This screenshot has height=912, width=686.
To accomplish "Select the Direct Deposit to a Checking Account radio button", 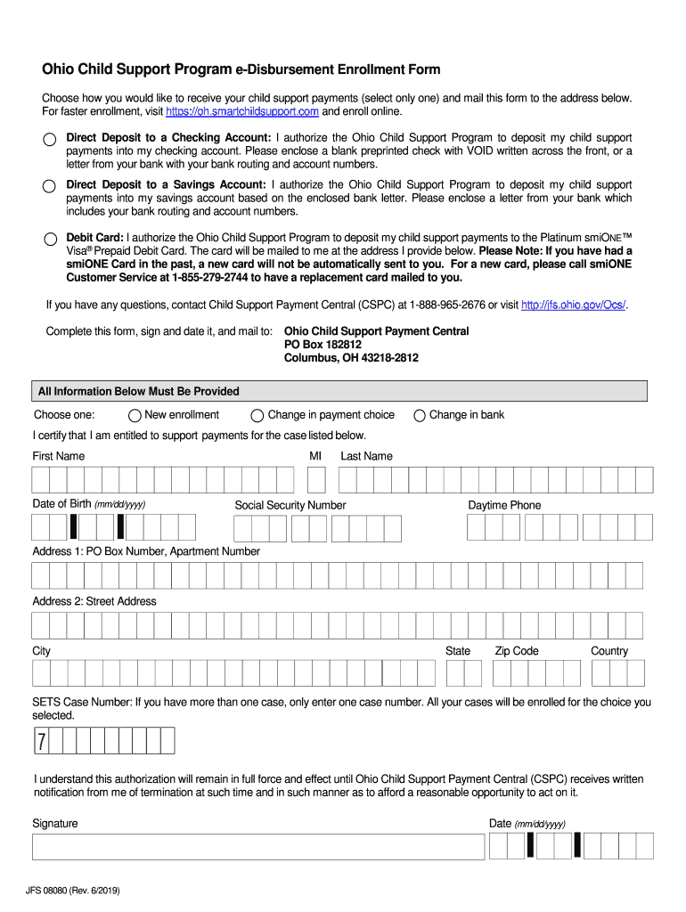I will point(50,140).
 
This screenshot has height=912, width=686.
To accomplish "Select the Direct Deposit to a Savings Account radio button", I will point(50,186).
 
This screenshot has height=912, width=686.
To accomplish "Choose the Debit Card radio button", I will point(50,239).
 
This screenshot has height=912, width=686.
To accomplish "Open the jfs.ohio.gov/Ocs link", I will point(573,305).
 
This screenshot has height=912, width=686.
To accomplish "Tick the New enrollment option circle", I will point(135,415).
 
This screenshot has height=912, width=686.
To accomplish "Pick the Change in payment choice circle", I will point(257,415).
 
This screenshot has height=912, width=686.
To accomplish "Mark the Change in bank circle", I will point(419,415).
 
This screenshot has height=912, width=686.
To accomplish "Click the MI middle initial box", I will point(316,480).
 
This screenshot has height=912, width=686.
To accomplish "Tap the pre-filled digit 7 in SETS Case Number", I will point(42,741).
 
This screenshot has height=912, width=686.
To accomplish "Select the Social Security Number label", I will point(290,505).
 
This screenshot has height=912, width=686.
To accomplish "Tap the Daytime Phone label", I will point(504,505).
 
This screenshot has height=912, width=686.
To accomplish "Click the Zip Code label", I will point(517,651).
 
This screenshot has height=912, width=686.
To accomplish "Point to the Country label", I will point(609,651).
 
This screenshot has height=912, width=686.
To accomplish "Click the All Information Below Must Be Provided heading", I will point(137,391).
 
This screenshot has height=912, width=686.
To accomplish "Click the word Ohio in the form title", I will point(59,69).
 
